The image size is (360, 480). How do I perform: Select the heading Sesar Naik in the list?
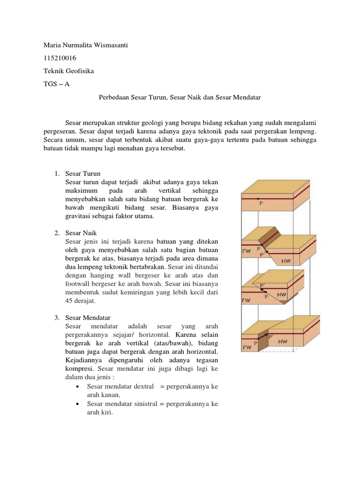[x=82, y=232]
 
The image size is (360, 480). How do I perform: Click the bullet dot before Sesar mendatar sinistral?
[x=77, y=404]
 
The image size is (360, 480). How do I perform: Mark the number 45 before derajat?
[x=69, y=301]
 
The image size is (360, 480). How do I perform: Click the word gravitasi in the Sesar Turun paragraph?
[x=78, y=216]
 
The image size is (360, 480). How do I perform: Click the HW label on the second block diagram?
[x=285, y=261]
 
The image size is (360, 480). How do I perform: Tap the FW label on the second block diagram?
[x=246, y=251]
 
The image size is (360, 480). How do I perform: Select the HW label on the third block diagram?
[x=282, y=295]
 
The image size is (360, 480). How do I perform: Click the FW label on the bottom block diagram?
[x=246, y=348]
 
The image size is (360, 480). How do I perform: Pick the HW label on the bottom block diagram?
[x=283, y=342]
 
